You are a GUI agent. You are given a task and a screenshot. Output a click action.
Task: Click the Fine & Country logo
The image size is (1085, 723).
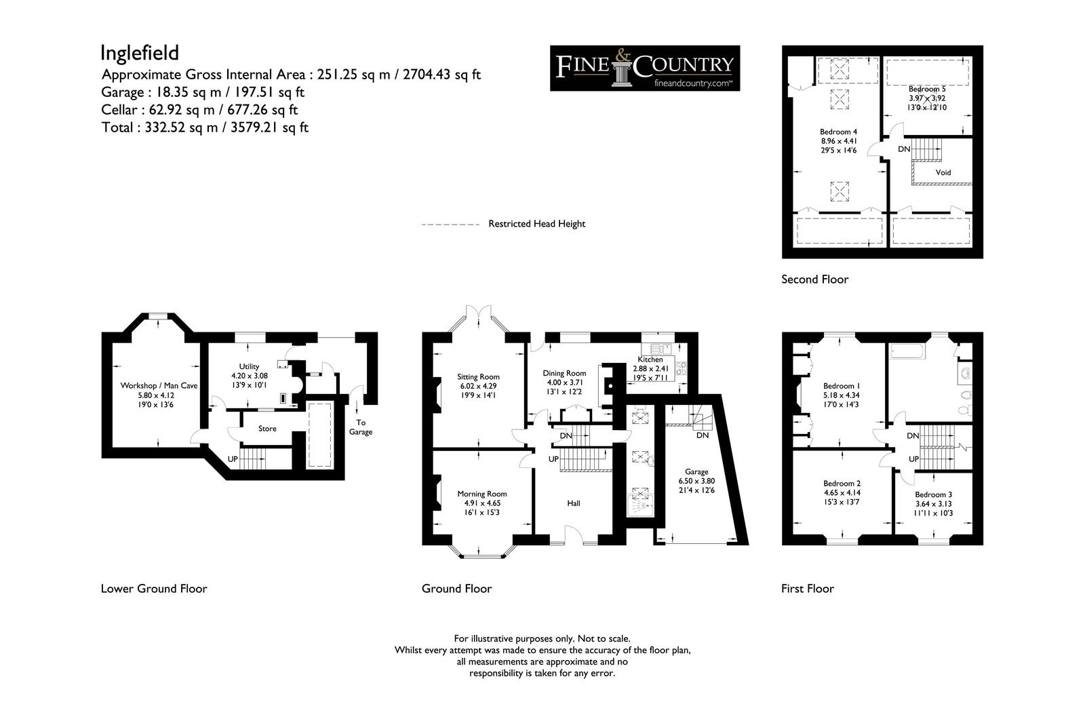pyautogui.click(x=645, y=69)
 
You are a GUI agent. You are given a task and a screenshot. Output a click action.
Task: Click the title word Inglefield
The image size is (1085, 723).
pyautogui.click(x=140, y=53)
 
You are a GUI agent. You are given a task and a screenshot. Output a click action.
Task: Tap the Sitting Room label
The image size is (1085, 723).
pyautogui.click(x=478, y=376)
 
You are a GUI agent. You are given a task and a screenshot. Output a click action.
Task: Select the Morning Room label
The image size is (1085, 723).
pyautogui.click(x=482, y=494)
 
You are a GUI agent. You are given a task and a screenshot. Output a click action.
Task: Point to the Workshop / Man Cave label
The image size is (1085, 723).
pyautogui.click(x=159, y=386)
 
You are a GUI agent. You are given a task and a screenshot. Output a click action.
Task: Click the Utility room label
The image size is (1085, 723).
pyautogui.click(x=249, y=366)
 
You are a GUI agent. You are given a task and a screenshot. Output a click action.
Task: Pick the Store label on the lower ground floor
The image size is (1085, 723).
pyautogui.click(x=267, y=429)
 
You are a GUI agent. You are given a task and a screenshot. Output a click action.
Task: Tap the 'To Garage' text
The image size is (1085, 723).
pyautogui.click(x=361, y=427)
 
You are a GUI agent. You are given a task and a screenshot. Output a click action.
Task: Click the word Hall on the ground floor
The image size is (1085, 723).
pyautogui.click(x=574, y=503)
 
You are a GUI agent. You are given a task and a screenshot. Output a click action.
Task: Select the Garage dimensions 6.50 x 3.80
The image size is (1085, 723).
pyautogui.click(x=696, y=481)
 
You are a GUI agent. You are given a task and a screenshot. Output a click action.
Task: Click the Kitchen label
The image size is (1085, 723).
pyautogui.click(x=650, y=359)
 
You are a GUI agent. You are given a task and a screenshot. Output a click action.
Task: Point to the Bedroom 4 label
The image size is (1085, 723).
pyautogui.click(x=838, y=132)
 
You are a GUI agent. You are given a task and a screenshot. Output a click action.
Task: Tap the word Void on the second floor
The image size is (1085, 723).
pyautogui.click(x=943, y=172)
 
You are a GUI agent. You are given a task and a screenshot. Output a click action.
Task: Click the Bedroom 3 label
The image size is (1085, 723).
pyautogui.click(x=933, y=494)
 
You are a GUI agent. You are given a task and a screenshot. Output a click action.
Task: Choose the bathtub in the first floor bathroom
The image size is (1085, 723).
pyautogui.click(x=908, y=351)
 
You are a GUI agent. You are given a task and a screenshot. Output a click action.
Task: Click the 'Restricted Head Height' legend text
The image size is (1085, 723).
pyautogui.click(x=536, y=224)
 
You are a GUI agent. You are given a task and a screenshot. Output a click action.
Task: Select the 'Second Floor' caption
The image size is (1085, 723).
pyautogui.click(x=814, y=279)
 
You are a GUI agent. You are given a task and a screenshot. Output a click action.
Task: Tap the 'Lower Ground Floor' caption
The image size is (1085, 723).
pyautogui.click(x=154, y=589)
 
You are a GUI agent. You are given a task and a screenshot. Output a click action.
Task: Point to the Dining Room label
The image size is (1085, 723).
pyautogui.click(x=564, y=373)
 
